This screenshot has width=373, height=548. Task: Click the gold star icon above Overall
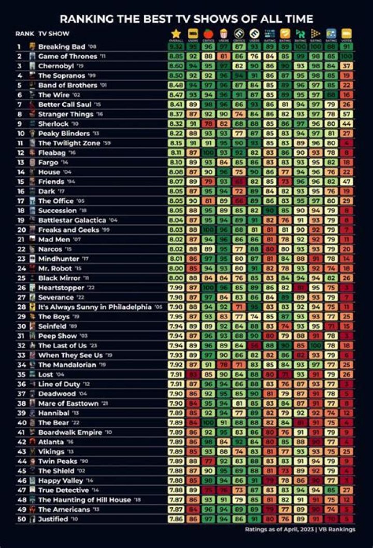pyautogui.click(x=176, y=33)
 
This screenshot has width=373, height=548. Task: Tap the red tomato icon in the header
pyautogui.click(x=209, y=33)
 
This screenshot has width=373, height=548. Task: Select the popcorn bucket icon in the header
pyautogui.click(x=224, y=33)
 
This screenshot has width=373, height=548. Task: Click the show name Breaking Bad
pyautogui.click(x=61, y=47)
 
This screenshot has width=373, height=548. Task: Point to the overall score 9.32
pyautogui.click(x=176, y=47)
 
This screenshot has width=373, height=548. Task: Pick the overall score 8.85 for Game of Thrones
pyautogui.click(x=176, y=56)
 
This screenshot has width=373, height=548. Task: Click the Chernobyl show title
pyautogui.click(x=56, y=66)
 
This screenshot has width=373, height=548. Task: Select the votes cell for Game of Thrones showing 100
pyautogui.click(x=346, y=56)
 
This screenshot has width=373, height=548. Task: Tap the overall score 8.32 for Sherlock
pyautogui.click(x=176, y=124)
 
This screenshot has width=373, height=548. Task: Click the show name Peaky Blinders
pyautogui.click(x=64, y=134)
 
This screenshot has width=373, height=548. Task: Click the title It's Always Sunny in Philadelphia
pyautogui.click(x=94, y=307)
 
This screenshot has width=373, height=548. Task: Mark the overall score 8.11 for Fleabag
pyautogui.click(x=176, y=153)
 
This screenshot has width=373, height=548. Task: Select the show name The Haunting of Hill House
pyautogui.click(x=85, y=500)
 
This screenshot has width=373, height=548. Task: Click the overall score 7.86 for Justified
pyautogui.click(x=176, y=519)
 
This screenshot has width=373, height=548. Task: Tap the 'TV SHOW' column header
pyautogui.click(x=55, y=34)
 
